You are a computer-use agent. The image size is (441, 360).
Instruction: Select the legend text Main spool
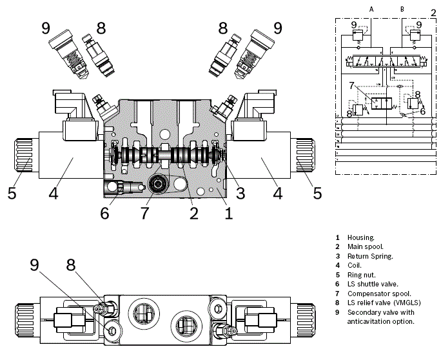coord(365,247)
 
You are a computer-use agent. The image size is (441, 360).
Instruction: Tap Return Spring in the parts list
coord(369,256)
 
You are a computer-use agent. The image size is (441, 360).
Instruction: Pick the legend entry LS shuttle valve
coord(373,284)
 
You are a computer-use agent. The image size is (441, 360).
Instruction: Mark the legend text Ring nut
coord(362,275)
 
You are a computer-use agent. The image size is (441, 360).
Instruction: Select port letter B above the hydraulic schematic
coord(402,9)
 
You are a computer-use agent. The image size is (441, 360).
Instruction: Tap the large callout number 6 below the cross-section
coord(104,212)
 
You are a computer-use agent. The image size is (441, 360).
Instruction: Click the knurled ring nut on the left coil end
coord(21,157)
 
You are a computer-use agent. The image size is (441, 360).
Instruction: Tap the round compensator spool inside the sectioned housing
coord(156,186)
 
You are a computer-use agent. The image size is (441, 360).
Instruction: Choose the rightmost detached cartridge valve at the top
coord(252,58)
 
